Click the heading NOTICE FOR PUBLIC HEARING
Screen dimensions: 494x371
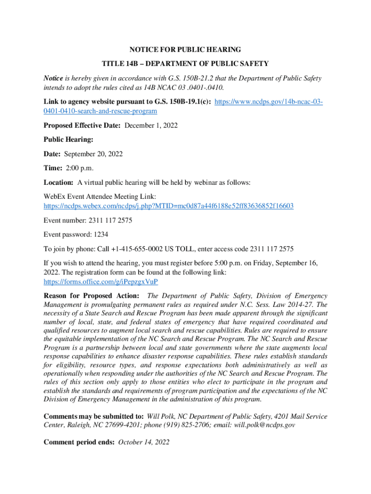tap(185, 50)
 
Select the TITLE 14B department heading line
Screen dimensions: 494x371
tap(185, 64)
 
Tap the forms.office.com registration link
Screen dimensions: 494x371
tap(101, 281)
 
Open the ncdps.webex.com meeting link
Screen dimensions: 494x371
tap(169, 206)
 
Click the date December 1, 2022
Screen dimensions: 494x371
tap(151, 125)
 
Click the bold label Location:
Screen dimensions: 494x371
tap(58, 182)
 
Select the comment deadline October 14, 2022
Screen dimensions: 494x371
tap(144, 441)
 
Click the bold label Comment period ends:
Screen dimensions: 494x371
tap(79, 441)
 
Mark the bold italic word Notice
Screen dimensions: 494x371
tap(53, 78)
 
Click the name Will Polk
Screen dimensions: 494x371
tap(160, 416)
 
